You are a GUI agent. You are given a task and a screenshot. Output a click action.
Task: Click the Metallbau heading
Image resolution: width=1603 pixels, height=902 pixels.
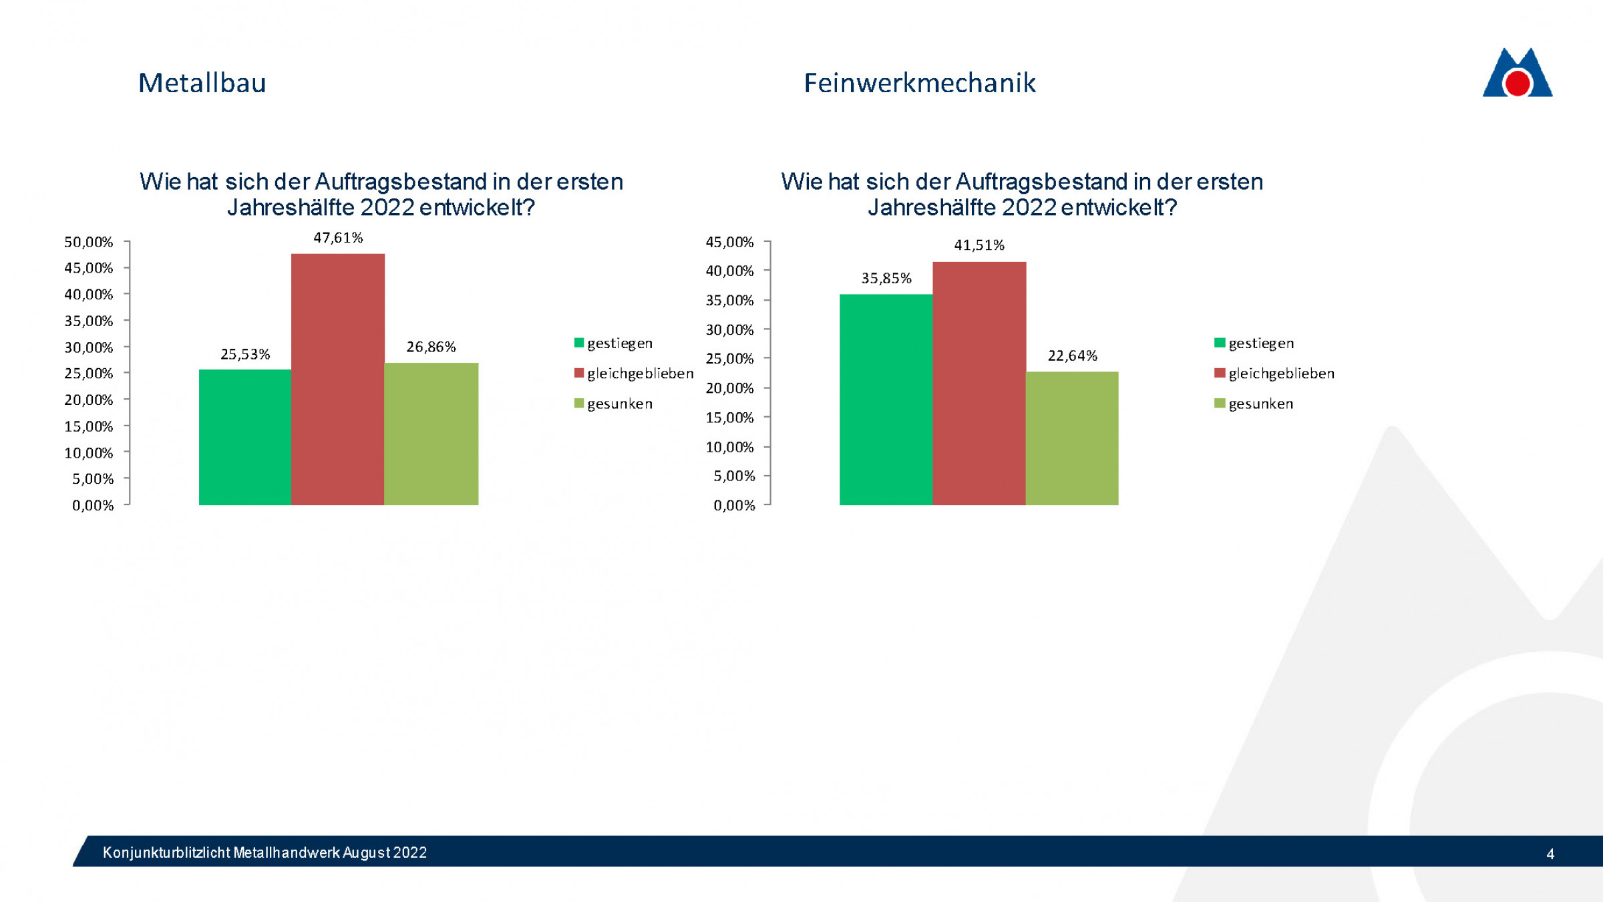(202, 83)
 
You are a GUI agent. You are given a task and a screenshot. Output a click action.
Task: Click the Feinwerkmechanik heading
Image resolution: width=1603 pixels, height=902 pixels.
(919, 83)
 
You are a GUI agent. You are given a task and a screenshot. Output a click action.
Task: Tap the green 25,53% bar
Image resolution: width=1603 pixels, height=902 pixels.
(245, 437)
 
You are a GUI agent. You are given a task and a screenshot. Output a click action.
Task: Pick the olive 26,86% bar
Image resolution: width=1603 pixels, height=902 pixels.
(431, 434)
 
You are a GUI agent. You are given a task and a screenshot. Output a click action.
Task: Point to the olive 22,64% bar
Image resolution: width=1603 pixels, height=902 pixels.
(1072, 438)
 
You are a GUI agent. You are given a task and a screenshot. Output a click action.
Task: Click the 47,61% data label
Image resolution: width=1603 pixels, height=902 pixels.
(338, 238)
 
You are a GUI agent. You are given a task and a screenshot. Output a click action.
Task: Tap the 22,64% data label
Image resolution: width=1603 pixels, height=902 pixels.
(1072, 355)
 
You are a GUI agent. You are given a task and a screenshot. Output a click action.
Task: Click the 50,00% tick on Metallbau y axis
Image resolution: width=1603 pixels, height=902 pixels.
(89, 242)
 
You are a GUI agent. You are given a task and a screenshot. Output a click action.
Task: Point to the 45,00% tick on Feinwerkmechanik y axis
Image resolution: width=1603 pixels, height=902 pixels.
(729, 242)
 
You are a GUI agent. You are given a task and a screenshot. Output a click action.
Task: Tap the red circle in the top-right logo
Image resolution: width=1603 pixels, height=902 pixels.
(1518, 84)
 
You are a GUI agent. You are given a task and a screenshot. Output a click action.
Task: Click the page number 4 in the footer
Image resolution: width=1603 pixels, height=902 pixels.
(1550, 854)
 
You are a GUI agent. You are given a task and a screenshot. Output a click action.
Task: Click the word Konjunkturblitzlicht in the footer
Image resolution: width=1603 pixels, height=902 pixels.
(167, 853)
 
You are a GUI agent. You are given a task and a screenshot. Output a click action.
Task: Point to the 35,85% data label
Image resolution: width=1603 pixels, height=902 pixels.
(886, 278)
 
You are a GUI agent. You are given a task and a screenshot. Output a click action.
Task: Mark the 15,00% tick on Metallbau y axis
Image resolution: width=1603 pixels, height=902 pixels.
(89, 426)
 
